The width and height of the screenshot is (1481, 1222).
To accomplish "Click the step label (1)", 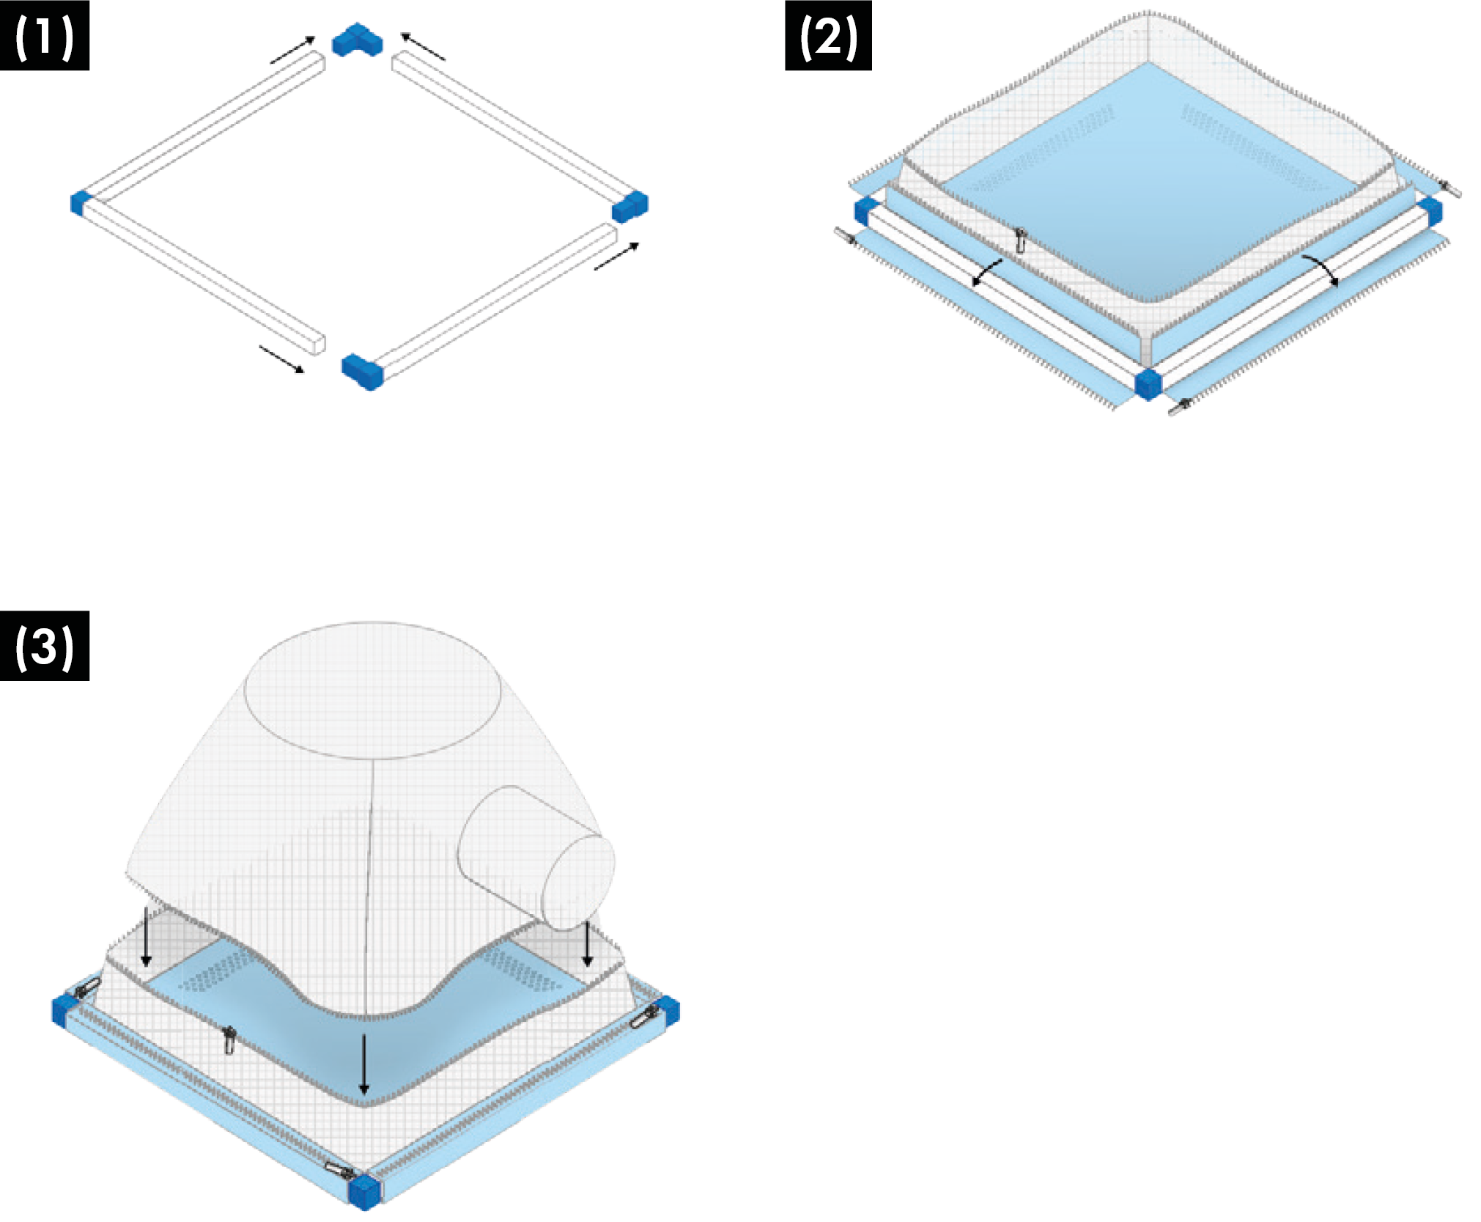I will [45, 36].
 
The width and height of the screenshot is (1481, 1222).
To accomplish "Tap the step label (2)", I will [828, 36].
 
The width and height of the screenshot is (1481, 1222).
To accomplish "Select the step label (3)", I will [45, 646].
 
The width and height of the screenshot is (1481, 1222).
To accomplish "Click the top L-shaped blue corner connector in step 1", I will [358, 40].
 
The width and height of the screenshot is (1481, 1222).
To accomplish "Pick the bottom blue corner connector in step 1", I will [362, 372].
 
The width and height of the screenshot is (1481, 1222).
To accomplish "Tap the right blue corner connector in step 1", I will [630, 206].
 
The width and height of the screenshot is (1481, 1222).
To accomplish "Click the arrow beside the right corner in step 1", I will [617, 256].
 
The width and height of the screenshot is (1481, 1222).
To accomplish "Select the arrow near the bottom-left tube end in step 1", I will [282, 359].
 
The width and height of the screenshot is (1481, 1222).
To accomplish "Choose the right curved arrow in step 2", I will [1321, 269].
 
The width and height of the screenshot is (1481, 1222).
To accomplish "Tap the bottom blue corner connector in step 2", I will [1148, 383].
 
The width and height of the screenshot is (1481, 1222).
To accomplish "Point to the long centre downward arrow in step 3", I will [364, 1063].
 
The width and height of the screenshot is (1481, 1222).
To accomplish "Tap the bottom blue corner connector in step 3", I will [365, 1191].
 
